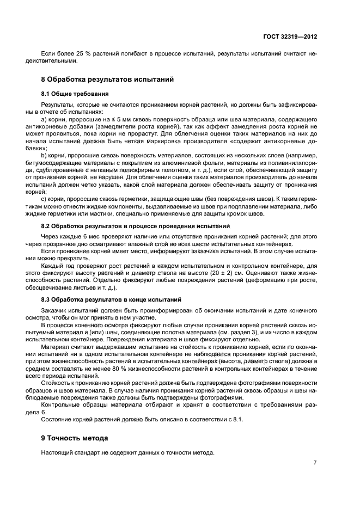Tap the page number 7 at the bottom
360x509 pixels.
[315, 463]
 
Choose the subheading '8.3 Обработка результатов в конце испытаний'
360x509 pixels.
[111, 300]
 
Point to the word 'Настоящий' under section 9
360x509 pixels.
[56, 453]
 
